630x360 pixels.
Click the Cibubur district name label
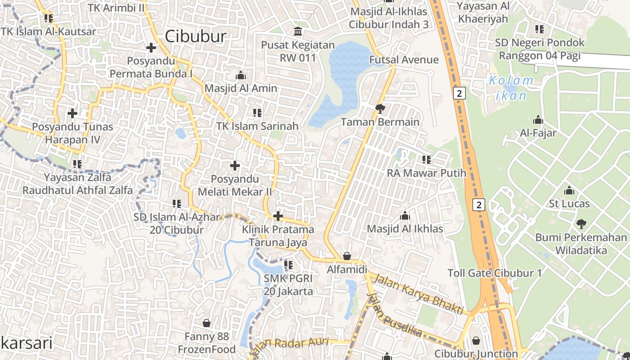[195, 36]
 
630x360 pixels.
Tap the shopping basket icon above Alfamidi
[347, 256]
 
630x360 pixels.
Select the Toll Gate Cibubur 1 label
[495, 273]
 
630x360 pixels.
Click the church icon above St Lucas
[569, 190]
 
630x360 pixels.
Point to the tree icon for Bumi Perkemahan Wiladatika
[581, 224]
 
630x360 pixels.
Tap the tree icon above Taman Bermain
[380, 108]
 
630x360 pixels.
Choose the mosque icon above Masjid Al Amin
[241, 75]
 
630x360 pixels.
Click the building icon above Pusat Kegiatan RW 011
[298, 31]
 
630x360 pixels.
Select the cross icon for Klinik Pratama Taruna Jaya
[278, 216]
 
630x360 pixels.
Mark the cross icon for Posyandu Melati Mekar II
[234, 166]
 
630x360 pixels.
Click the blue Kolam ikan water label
[511, 88]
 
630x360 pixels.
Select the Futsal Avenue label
[404, 60]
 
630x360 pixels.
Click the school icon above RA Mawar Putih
[427, 159]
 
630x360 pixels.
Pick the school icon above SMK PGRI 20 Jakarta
[288, 265]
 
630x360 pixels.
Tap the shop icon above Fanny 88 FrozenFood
[207, 323]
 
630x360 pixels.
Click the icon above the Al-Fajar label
[538, 120]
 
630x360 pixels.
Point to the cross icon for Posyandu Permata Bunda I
[151, 47]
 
